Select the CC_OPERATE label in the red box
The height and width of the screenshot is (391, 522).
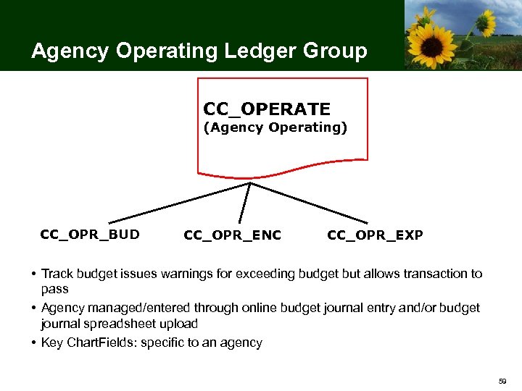click(x=267, y=109)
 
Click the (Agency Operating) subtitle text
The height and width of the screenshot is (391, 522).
click(x=275, y=128)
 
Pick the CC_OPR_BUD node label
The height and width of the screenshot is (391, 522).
click(x=90, y=235)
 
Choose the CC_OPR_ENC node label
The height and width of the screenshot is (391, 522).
click(x=233, y=235)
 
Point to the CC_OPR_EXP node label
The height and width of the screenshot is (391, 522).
click(x=375, y=235)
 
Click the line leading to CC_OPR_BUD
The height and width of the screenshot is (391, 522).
click(x=178, y=202)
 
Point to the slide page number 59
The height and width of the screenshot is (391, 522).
click(x=503, y=381)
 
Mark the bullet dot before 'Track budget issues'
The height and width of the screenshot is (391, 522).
click(x=34, y=274)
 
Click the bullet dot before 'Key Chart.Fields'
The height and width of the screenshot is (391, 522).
click(x=34, y=342)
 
